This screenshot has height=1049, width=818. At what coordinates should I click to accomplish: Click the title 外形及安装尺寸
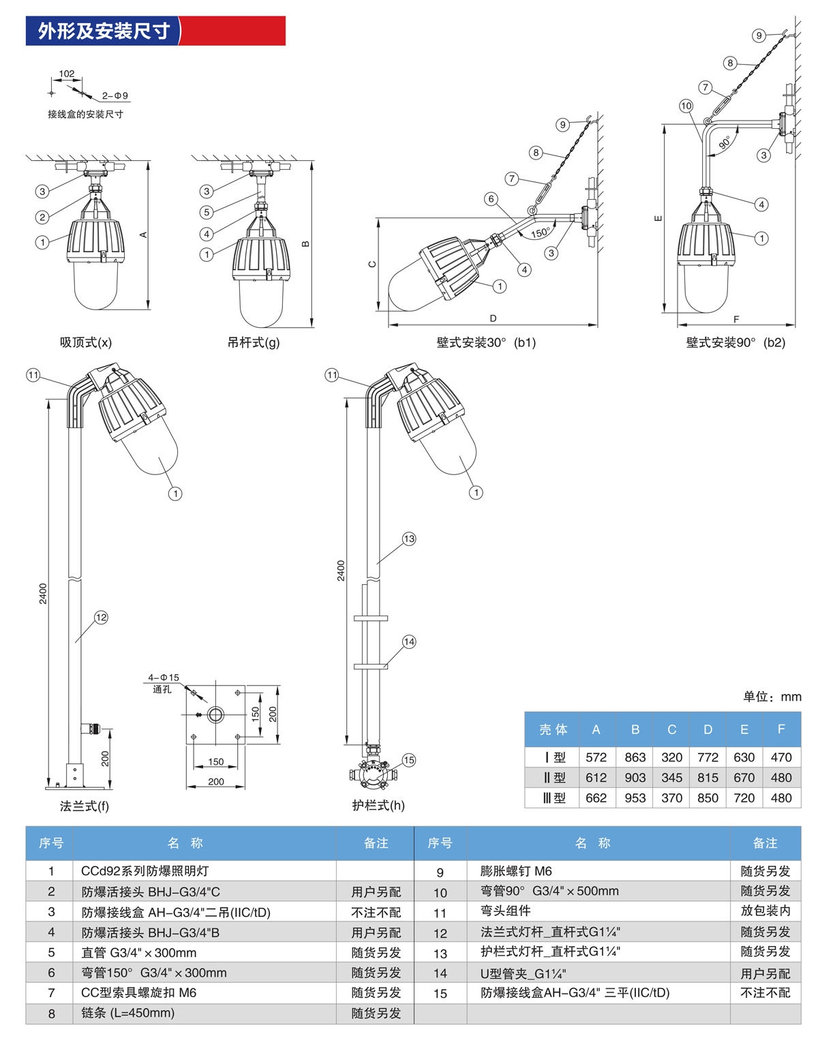point(104,31)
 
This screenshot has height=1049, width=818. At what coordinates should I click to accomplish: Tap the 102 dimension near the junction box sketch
point(67,74)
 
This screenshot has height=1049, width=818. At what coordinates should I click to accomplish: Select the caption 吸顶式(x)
point(86,342)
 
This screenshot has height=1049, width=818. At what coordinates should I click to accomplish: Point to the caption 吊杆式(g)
point(254,342)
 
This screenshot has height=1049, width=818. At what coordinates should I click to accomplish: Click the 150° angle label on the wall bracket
point(540,232)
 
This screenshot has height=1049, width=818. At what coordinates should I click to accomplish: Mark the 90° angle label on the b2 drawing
point(725,142)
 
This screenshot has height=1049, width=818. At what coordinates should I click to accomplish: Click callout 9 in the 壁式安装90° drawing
point(759,35)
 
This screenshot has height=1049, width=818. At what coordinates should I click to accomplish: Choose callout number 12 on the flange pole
point(101,618)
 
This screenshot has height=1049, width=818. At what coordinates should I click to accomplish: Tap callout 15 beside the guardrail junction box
point(408,760)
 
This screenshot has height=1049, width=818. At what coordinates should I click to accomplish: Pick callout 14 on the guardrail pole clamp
point(409,641)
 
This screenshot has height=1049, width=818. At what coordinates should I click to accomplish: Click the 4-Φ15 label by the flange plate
point(164,678)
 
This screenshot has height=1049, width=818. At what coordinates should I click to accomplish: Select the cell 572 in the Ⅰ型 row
point(596,757)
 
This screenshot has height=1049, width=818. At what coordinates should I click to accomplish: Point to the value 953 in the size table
point(635,797)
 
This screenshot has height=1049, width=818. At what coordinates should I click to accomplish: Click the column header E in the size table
point(744,729)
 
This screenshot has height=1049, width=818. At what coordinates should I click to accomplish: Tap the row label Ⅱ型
point(554,778)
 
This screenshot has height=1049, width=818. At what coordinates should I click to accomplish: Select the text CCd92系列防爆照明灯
point(145,871)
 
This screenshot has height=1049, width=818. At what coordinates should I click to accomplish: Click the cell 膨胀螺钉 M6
point(516,871)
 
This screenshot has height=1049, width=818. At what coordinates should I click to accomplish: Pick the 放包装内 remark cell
point(765,911)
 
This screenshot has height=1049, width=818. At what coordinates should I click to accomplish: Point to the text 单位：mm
point(772,697)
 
